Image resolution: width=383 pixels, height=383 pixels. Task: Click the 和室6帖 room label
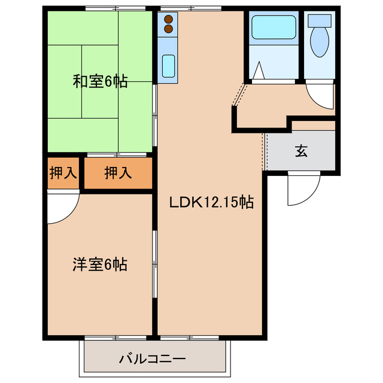pos(100,82)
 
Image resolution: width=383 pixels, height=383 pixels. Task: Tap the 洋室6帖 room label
pos(100,265)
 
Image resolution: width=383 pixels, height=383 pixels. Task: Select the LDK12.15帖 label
pos(211,203)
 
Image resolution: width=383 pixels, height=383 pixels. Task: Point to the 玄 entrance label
pos(301,151)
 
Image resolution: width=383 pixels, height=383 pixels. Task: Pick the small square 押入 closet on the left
pos(63,174)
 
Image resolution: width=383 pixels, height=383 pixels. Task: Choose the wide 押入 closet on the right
pos(118,174)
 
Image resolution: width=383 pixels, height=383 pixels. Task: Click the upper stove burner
pos(168,18)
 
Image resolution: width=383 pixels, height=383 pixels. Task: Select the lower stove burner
pos(168,28)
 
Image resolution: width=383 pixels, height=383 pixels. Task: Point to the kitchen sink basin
pos(168,63)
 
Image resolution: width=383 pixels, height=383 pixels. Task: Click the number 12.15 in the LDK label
pos(218,203)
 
